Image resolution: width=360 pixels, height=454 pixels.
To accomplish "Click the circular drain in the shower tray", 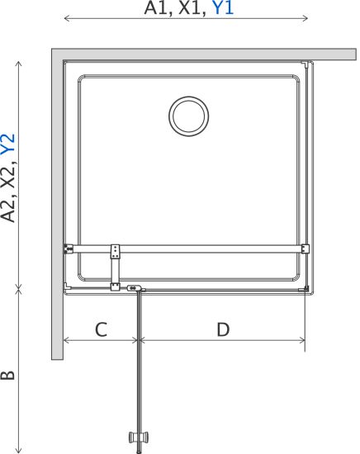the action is [x=189, y=116].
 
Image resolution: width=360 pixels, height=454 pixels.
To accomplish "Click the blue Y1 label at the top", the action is [x=223, y=8].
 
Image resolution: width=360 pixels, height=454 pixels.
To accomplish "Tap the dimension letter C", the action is [x=102, y=329].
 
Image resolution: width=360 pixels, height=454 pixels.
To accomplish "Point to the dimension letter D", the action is [x=223, y=329].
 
